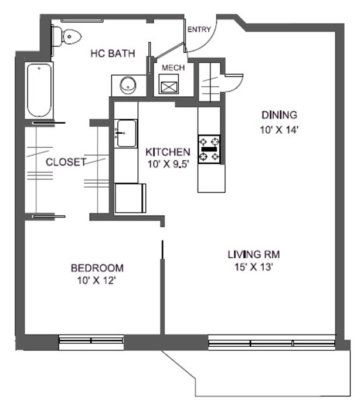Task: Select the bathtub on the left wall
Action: point(39,90)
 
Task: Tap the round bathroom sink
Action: point(128,85)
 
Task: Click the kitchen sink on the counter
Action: point(125,133)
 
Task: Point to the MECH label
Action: point(173,68)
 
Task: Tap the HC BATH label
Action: point(113,54)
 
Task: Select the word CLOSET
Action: point(66,162)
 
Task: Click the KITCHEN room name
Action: point(168,152)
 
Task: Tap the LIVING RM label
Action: point(253,255)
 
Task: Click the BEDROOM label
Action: point(97,268)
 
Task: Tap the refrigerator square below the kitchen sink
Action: point(130,198)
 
